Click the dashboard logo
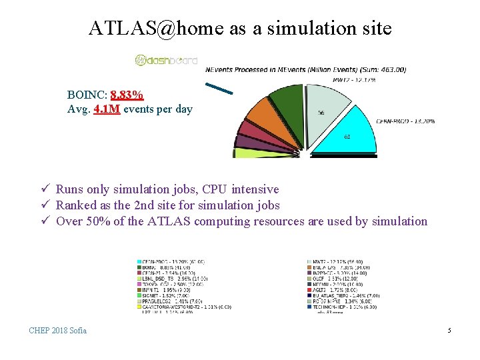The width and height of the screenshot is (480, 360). click(x=166, y=61)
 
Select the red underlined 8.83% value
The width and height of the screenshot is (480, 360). click(x=127, y=95)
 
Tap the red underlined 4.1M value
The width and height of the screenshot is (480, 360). click(x=107, y=109)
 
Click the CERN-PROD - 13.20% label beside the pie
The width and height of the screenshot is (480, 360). click(x=405, y=121)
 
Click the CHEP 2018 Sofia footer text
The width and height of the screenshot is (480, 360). click(x=57, y=331)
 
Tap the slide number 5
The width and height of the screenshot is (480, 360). click(x=449, y=331)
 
